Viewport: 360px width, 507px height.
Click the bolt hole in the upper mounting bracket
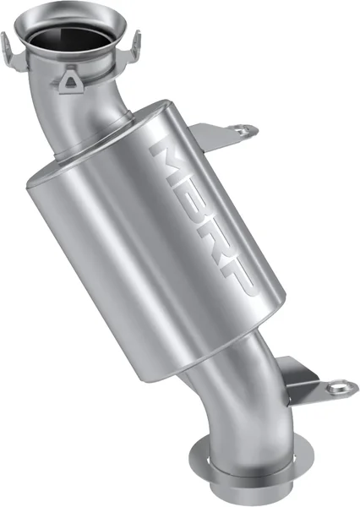(x=245, y=131)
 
